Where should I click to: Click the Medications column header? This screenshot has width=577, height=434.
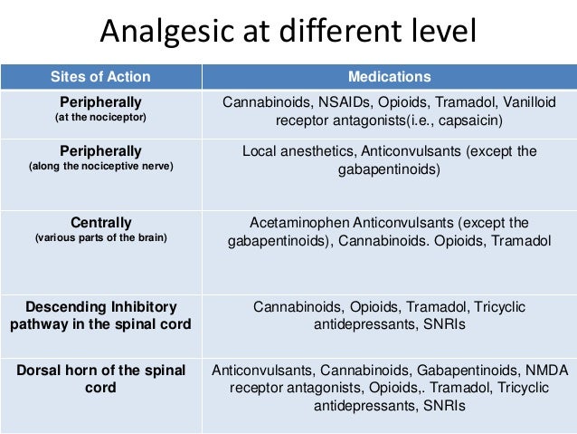point(390,77)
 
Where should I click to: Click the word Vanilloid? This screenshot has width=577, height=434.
point(527,101)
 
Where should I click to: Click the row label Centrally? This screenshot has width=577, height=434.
point(100,222)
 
